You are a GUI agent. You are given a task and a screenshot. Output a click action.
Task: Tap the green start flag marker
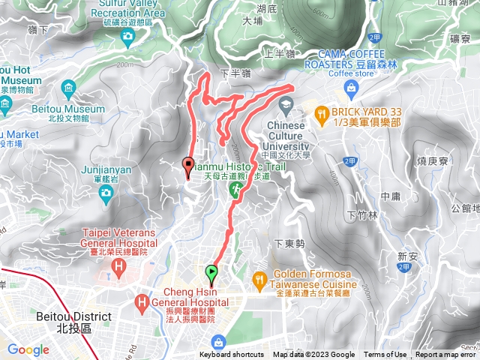coord(212,272)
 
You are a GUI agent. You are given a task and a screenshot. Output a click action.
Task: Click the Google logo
coord(28,349)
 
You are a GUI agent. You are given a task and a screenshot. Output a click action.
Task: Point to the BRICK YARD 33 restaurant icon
coord(322,112)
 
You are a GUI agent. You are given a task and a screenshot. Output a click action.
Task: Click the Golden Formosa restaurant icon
coord(260,279)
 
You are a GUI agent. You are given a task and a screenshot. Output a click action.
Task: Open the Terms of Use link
coord(385,355)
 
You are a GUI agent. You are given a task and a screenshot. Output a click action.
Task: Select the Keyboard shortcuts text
coord(232,355)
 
